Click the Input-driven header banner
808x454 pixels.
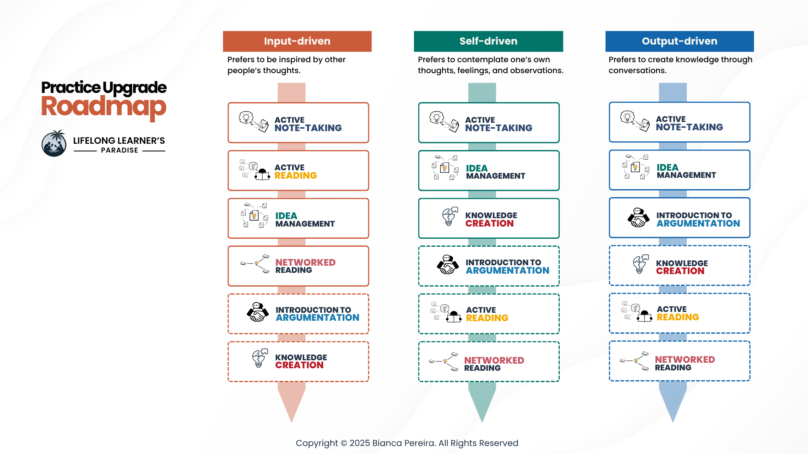tap(297, 41)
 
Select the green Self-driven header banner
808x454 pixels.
tap(488, 41)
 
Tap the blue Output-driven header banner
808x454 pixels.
tap(680, 41)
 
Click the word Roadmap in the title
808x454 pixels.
tap(104, 107)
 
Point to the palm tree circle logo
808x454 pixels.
tap(54, 143)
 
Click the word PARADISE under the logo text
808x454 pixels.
tap(120, 150)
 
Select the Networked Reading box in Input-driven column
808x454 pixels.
tap(298, 266)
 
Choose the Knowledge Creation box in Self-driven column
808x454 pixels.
tap(489, 218)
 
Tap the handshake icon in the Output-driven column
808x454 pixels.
tap(638, 218)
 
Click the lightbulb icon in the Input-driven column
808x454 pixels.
tap(260, 358)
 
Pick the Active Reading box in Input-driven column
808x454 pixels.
tap(298, 171)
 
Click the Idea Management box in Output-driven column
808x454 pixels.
tap(680, 170)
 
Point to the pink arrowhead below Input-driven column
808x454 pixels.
tap(292, 404)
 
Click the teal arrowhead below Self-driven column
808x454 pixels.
tap(482, 404)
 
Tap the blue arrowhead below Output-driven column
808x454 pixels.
tap(673, 404)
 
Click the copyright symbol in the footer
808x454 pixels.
tap(343, 443)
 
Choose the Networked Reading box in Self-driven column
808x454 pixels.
tap(489, 362)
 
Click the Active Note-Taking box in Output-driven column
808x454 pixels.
tap(680, 122)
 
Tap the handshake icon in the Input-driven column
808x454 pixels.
tap(258, 312)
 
